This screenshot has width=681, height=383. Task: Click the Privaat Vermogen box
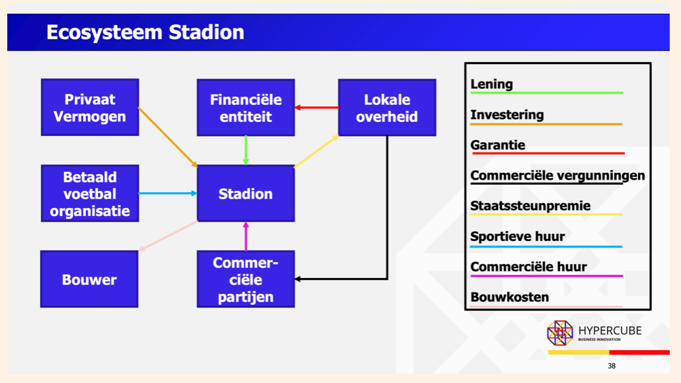tap(90, 108)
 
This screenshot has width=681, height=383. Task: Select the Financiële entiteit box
tap(245, 108)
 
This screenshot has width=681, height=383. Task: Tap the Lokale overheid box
tap(387, 108)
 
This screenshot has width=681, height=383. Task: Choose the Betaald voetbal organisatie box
tap(90, 193)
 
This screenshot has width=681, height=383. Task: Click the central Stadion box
tap(245, 193)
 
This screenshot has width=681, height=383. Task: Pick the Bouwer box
tap(89, 279)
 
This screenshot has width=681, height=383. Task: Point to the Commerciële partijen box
tap(245, 279)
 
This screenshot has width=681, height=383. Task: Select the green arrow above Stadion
tap(246, 151)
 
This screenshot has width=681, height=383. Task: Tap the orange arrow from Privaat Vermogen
tap(168, 137)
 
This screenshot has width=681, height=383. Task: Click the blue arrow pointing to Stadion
tap(168, 193)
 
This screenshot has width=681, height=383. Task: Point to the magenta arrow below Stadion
tap(246, 236)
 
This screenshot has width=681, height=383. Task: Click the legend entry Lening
tap(492, 85)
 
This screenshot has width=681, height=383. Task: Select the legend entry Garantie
tap(498, 145)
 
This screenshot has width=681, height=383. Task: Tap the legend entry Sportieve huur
tap(517, 236)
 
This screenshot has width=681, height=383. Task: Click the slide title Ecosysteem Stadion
tap(145, 32)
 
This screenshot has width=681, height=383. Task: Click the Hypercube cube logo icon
tap(560, 333)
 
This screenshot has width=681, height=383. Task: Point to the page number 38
tap(612, 366)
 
